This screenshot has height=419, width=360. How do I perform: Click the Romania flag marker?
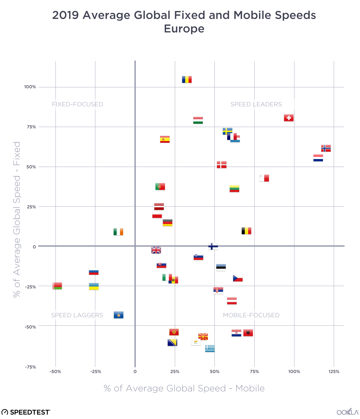point(187,80)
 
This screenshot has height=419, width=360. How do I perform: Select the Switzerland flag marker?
point(289,118)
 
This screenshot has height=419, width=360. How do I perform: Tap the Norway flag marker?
point(326,148)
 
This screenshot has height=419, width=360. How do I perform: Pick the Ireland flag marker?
point(118,232)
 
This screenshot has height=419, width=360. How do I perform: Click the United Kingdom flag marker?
point(156,250)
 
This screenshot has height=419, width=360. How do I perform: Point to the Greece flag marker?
point(210,348)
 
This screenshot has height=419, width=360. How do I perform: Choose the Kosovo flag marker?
point(119,315)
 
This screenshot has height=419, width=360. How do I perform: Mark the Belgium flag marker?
point(246,231)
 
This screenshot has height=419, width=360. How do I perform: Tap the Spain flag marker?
point(165,139)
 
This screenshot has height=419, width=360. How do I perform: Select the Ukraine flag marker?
point(94,286)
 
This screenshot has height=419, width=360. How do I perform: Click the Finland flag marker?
point(213,246)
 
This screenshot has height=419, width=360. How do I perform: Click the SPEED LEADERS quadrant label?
point(256,104)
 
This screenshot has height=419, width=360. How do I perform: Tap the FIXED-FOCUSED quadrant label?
point(77,104)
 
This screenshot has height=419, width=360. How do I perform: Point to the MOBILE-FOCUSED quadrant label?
point(251,315)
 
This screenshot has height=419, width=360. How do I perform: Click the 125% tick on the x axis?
point(334,371)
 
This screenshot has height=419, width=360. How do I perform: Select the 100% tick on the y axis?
point(30,87)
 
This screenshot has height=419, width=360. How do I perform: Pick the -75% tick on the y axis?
point(30,367)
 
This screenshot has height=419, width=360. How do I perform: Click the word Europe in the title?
point(184,29)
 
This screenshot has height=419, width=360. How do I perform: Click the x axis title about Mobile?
point(184,388)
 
